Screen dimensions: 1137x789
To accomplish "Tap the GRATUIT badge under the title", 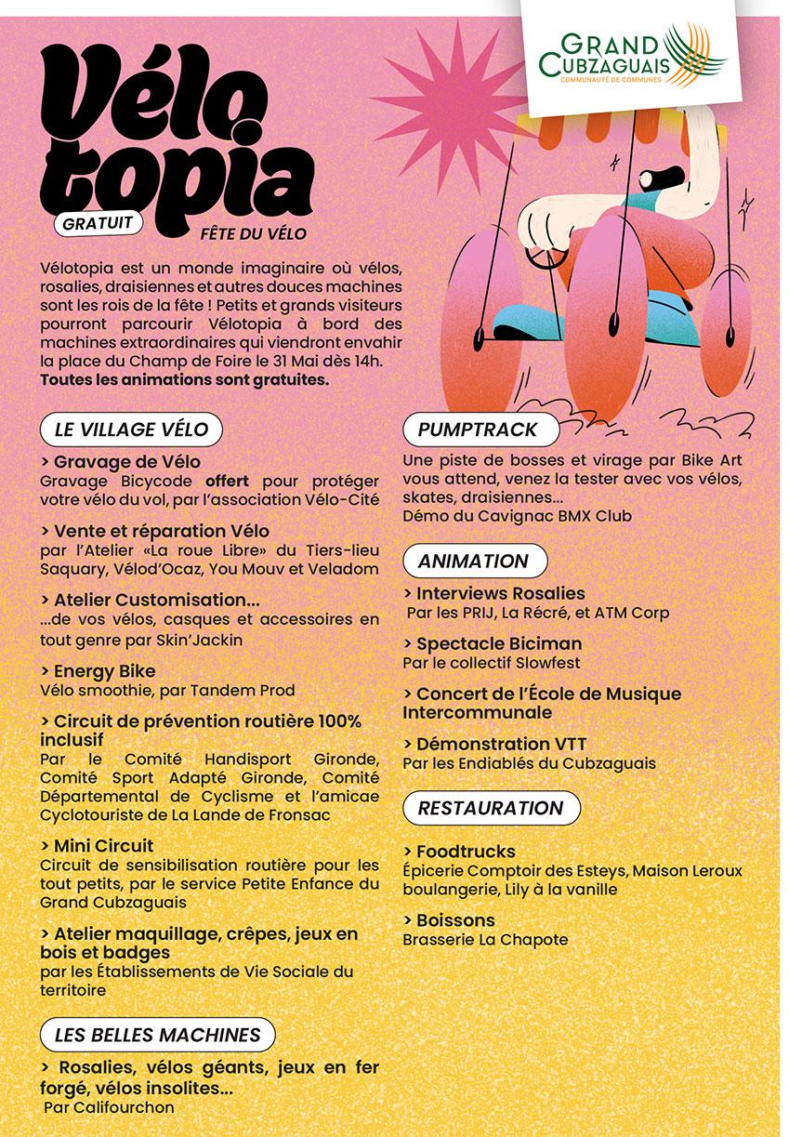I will pos(98,223).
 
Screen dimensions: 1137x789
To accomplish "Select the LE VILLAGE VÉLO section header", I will pos(130,430).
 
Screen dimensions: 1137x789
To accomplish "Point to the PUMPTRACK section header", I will pos(478,430).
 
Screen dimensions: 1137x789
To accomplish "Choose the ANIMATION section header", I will pos(473,561).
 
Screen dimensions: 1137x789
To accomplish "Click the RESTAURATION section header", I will pos(491,808).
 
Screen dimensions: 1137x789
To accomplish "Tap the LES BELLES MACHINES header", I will pos(157,1035).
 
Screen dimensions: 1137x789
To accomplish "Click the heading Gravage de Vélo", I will pos(121,461).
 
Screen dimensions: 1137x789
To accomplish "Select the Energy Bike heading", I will pos(99,670).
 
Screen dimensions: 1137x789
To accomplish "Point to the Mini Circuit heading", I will pos(98,846).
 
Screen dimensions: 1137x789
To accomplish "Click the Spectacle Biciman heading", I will pos(493,643).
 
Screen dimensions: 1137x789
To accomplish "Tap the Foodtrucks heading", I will pos(460,851).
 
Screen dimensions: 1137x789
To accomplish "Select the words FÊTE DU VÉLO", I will pos(253,232).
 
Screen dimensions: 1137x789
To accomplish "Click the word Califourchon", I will pos(127,1107).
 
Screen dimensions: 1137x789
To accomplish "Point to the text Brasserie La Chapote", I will pos(485,939).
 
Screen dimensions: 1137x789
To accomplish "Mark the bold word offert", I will pos(229,482).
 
